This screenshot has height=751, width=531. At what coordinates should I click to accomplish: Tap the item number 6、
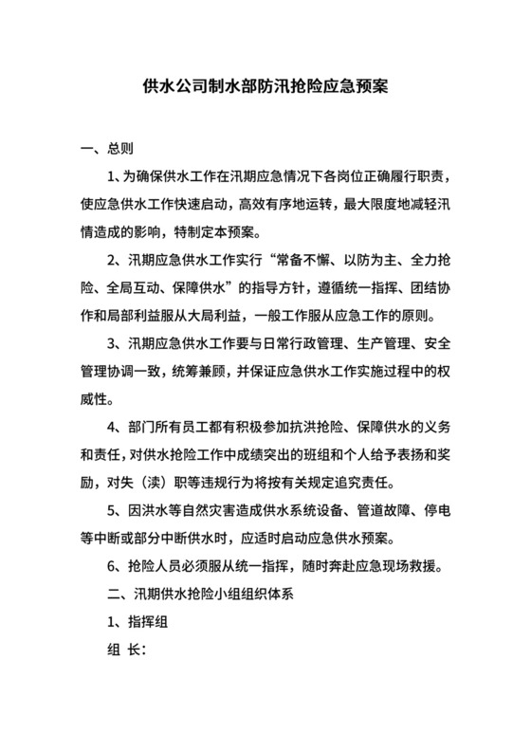(119, 568)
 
